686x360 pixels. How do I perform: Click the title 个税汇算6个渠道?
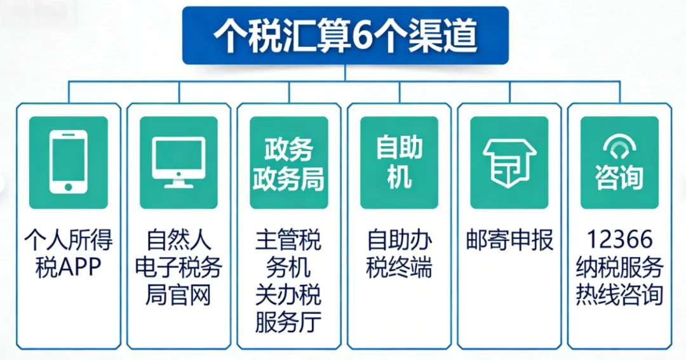tap(345, 37)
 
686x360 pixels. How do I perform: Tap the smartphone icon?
tap(68, 163)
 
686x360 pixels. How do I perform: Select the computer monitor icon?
tap(178, 162)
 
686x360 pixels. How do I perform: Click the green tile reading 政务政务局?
tap(289, 163)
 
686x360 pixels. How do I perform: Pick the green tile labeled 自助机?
tap(399, 163)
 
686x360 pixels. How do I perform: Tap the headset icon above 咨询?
tap(619, 148)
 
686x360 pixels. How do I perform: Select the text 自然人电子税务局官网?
tap(178, 267)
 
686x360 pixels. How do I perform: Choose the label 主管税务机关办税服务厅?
tap(289, 281)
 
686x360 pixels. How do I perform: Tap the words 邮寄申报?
tap(509, 241)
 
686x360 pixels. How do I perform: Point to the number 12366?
tap(619, 240)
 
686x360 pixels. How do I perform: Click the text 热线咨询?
tap(619, 295)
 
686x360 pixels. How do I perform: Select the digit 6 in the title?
tap(360, 37)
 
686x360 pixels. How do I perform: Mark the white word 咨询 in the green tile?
tap(619, 178)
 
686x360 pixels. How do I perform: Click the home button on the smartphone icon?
tap(68, 187)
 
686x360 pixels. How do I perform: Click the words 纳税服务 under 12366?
tap(619, 267)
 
